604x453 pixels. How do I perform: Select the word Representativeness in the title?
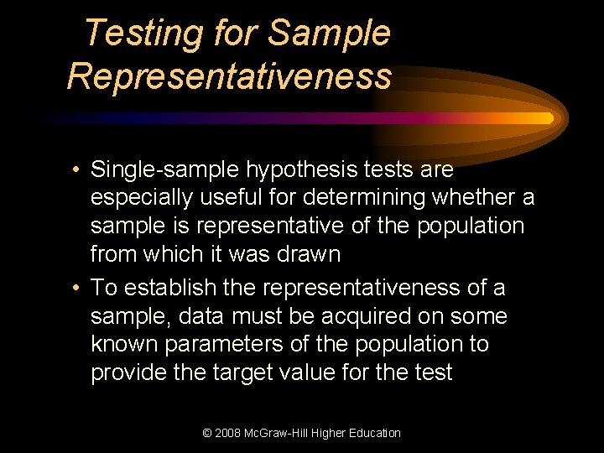229,75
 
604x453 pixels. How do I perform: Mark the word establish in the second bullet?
168,288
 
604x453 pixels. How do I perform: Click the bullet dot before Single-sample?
75,170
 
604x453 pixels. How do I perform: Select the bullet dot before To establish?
75,289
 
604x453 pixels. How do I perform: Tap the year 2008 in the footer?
229,433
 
